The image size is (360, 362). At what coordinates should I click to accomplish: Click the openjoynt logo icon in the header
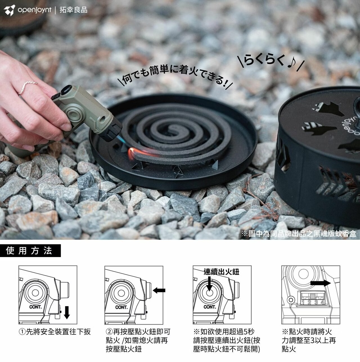(x=9, y=10)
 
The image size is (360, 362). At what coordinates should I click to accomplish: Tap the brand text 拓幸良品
(x=73, y=10)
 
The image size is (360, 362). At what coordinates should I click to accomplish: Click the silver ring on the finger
(x=27, y=87)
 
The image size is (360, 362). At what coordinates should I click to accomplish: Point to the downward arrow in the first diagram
(x=67, y=312)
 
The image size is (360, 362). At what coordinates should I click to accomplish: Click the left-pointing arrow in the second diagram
(x=159, y=291)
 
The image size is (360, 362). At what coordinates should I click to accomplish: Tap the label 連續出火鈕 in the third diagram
(x=221, y=272)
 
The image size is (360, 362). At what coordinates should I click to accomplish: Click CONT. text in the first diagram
(x=35, y=307)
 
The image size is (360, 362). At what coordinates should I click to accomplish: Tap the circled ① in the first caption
(x=22, y=332)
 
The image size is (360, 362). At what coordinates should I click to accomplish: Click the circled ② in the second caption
(x=109, y=332)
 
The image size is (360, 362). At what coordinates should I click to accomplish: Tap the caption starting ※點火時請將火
(x=309, y=340)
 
